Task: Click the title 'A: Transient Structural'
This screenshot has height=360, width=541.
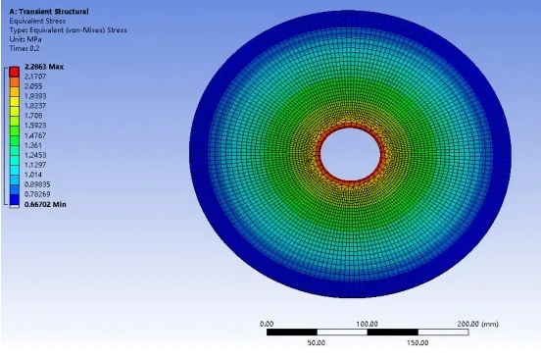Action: pos(48,12)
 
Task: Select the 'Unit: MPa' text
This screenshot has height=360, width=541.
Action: pos(26,37)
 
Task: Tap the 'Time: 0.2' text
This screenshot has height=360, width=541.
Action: pos(25,46)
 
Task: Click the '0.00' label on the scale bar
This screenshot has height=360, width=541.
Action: pos(267,323)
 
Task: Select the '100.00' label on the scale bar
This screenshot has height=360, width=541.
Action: pos(368,323)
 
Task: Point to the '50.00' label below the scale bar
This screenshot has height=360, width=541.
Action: pos(317,343)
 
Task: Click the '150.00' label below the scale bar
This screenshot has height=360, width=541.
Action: pos(418,343)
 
